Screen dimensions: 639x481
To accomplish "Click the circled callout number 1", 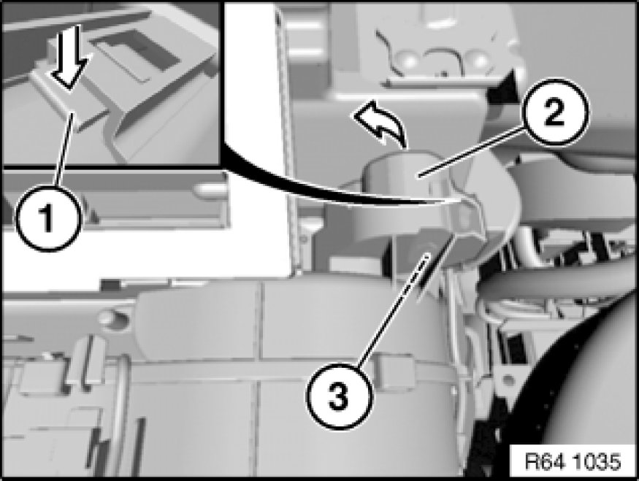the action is pos(47,218).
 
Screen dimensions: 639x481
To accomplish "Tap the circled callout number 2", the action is pos(556,112).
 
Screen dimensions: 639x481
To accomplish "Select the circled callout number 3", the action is pos(340,396).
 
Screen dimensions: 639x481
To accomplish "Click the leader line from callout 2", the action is pos(472,152).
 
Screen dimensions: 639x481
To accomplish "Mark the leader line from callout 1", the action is pos(66,150).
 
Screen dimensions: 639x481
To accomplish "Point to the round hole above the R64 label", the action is pos(507,380).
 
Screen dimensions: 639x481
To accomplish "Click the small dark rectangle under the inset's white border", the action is pos(109,283).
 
